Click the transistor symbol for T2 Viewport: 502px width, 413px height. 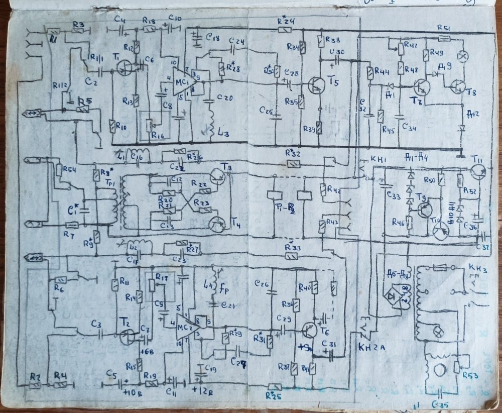point(128,335)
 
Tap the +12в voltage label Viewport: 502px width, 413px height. point(201,388)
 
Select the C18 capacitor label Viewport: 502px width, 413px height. point(213,37)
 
